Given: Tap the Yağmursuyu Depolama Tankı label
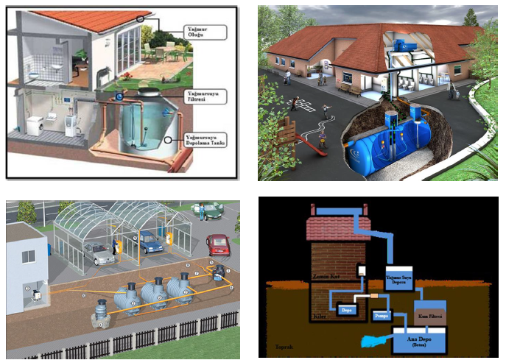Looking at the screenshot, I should (205, 140).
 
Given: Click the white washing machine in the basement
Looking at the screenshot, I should (35, 124).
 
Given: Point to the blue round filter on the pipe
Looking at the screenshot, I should (119, 96).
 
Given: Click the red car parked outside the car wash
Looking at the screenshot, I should (218, 243).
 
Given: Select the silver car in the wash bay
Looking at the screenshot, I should (100, 253).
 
